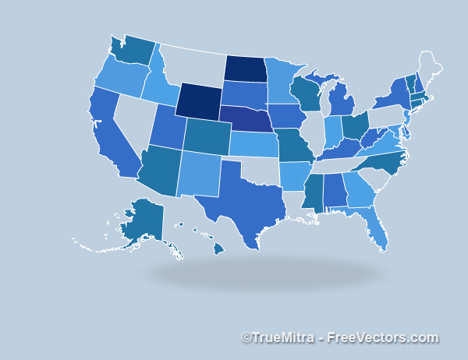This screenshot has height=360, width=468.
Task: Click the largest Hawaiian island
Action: pos(218,247)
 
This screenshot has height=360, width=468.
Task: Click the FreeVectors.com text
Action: pos(382,338)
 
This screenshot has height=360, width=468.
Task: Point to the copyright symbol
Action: pos(246,338)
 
